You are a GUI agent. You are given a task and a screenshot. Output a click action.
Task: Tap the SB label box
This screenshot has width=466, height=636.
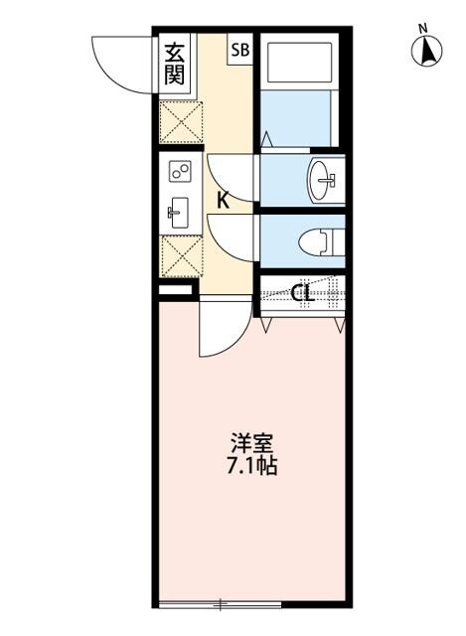[240, 49]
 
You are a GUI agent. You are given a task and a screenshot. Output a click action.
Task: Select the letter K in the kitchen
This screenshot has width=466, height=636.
[224, 200]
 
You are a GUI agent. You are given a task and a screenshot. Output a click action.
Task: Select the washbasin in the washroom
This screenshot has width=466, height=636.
[324, 180]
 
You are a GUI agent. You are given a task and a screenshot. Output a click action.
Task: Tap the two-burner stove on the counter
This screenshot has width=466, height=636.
[180, 173]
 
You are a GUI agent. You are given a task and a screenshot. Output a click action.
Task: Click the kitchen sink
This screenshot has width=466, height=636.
[179, 211]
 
